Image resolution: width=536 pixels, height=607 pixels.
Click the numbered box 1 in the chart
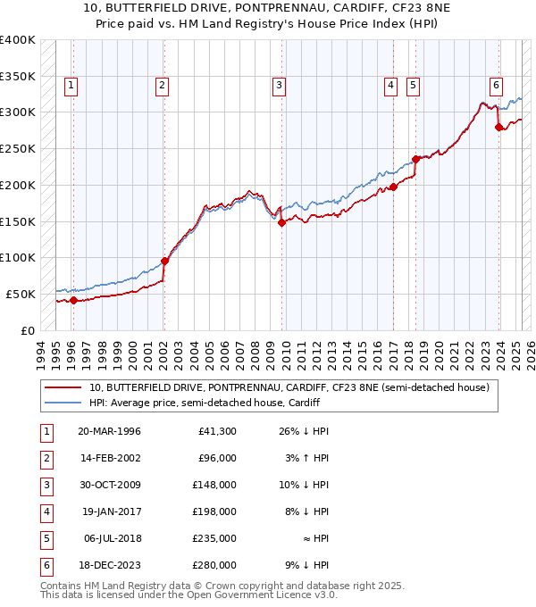(71, 86)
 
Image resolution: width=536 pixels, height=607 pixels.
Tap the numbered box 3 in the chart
(279, 86)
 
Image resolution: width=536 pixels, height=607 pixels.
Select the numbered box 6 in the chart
(495, 86)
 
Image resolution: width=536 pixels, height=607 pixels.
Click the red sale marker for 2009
(281, 223)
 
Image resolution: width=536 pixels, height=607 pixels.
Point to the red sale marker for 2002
(164, 262)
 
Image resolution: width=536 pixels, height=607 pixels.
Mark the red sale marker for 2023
(498, 127)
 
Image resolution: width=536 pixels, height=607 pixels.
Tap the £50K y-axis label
(21, 294)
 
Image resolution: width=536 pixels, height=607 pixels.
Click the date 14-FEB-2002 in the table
(109, 458)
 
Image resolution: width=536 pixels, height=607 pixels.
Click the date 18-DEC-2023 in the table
(109, 565)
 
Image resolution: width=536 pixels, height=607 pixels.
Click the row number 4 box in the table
(46, 511)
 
